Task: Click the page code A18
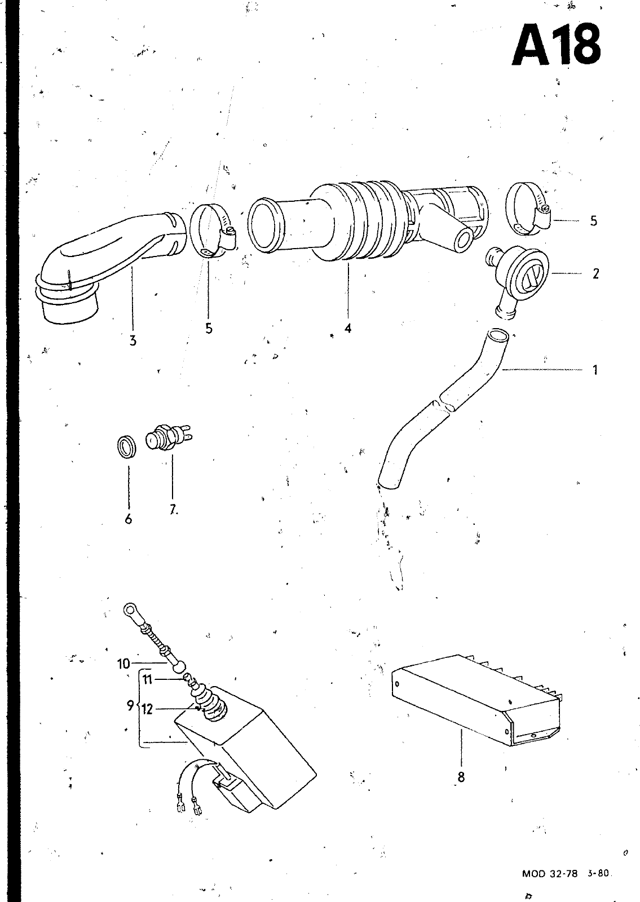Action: pyautogui.click(x=555, y=44)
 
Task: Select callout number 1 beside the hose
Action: pyautogui.click(x=595, y=370)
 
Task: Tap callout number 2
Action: pyautogui.click(x=595, y=274)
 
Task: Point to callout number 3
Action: pyautogui.click(x=133, y=340)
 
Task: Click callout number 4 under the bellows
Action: pyautogui.click(x=348, y=328)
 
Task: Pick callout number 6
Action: pyautogui.click(x=129, y=519)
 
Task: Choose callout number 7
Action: pyautogui.click(x=172, y=510)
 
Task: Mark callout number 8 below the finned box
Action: pyautogui.click(x=461, y=777)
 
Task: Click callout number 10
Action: pyautogui.click(x=123, y=664)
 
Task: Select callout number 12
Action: pyautogui.click(x=147, y=709)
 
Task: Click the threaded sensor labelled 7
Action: pyautogui.click(x=164, y=440)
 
